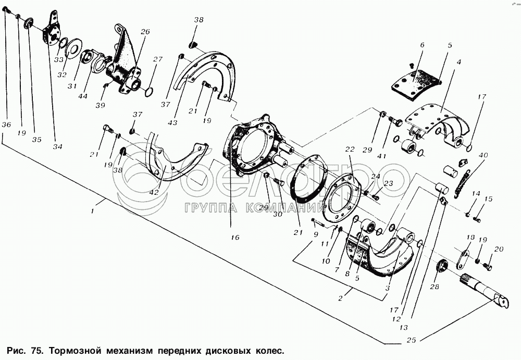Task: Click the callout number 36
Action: coord(6,125)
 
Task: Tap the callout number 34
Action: coord(57,146)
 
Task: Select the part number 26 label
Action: coord(145,32)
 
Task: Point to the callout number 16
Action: coord(235,238)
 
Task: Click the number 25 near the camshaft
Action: coord(411,341)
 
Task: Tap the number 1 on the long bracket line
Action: coord(92,211)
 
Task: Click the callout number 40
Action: coord(483,155)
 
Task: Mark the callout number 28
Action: coord(434,287)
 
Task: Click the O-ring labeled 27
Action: coord(149,92)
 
